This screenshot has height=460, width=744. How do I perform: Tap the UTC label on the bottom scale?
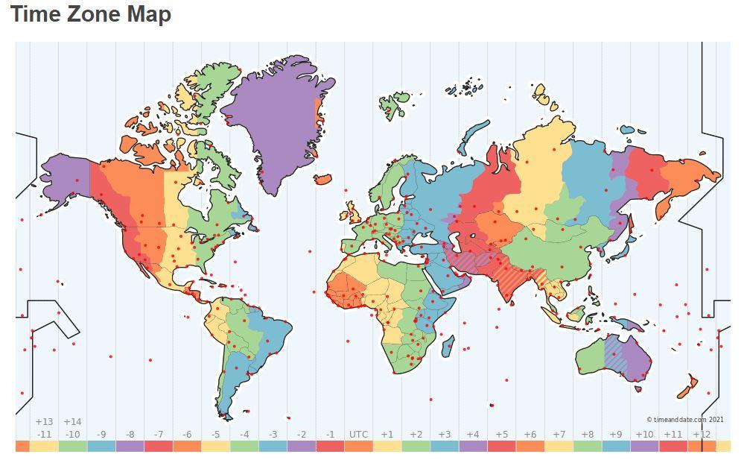point(358,435)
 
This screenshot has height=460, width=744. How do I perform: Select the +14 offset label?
point(72,422)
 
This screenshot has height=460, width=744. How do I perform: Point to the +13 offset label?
point(44,422)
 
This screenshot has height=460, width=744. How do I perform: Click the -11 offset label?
point(44,435)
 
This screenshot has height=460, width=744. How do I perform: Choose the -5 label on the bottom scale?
point(215,435)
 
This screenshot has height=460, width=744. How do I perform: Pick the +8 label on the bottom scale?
point(587,435)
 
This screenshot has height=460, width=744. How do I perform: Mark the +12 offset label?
point(701,435)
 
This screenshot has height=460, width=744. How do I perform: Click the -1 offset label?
point(330,435)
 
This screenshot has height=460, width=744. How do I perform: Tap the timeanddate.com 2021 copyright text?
point(684,420)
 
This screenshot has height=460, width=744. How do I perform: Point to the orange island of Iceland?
point(322,179)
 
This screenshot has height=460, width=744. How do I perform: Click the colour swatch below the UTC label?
point(358,447)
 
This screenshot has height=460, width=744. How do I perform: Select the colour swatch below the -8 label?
point(130,447)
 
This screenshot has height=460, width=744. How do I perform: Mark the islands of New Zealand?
point(689,386)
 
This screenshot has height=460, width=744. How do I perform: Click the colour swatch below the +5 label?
point(501,447)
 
